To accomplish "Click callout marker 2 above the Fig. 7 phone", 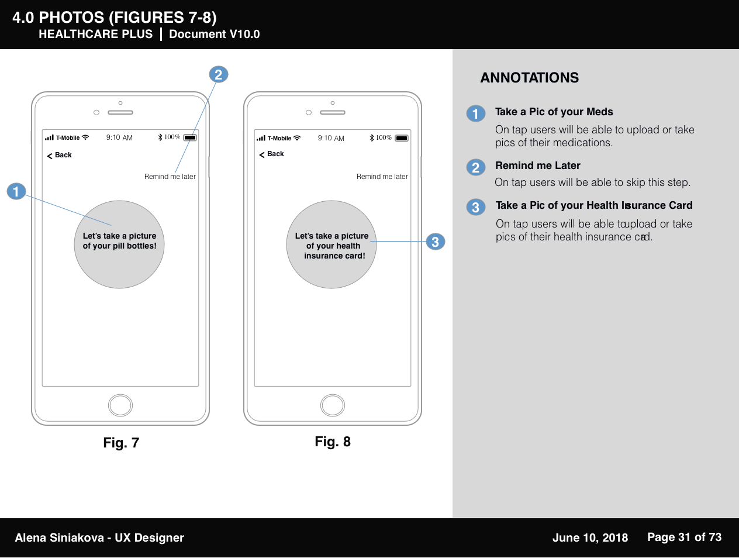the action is pyautogui.click(x=219, y=74).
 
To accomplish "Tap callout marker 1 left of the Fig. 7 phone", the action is pyautogui.click(x=16, y=191).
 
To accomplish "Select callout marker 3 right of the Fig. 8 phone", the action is pyautogui.click(x=436, y=242).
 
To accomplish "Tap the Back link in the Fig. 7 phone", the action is pyautogui.click(x=59, y=155).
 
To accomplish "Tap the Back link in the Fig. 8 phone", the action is pyautogui.click(x=271, y=154).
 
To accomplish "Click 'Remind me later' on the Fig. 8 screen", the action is pyautogui.click(x=382, y=177).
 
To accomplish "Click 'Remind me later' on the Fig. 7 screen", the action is pyautogui.click(x=170, y=177).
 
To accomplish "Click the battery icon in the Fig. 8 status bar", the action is pyautogui.click(x=402, y=138).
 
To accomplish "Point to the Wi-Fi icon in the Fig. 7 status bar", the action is pyautogui.click(x=85, y=137).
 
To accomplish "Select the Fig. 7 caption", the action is pyautogui.click(x=121, y=443).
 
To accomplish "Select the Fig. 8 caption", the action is pyautogui.click(x=333, y=442).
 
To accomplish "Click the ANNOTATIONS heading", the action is pyautogui.click(x=530, y=78).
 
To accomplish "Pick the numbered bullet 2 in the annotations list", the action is pyautogui.click(x=476, y=167).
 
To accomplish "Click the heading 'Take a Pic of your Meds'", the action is pyautogui.click(x=554, y=112).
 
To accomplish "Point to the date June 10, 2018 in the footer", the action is pyautogui.click(x=590, y=538).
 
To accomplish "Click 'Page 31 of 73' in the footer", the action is pyautogui.click(x=685, y=537).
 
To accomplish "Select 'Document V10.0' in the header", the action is pyautogui.click(x=215, y=34).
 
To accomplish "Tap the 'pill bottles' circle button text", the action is pyautogui.click(x=119, y=241).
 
